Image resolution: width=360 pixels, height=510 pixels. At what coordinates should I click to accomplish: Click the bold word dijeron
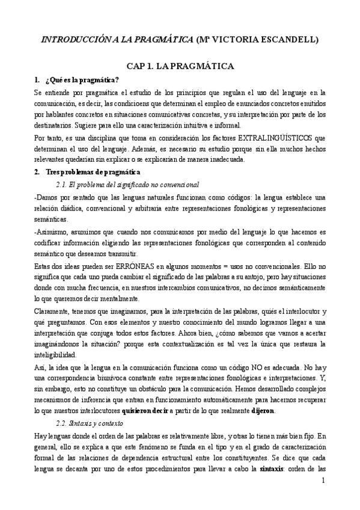pos(262,411)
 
